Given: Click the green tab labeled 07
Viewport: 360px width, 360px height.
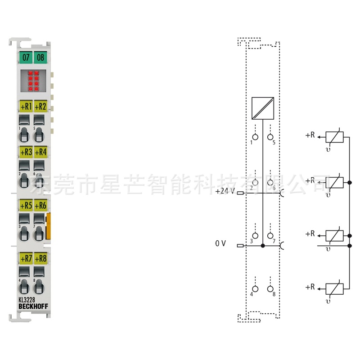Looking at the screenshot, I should pos(26,58).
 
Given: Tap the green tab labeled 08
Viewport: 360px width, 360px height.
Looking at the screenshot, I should pos(40,58).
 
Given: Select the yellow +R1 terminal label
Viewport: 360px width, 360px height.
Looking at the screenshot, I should pos(26,107).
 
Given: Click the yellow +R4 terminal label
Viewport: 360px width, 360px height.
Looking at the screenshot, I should pos(40,152).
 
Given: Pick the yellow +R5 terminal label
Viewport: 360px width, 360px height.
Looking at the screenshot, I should pos(26,205).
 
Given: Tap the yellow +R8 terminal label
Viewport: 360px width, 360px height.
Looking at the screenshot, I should pos(40,259).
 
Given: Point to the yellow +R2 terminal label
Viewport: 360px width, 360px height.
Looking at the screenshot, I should pos(40,107).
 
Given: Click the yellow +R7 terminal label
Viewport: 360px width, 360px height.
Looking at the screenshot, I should pos(26,259).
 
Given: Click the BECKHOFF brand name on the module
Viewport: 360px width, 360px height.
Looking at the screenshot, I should pos(33,307).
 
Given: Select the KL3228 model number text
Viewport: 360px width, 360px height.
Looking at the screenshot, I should pos(27,301).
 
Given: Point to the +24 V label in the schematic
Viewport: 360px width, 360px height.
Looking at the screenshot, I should pos(225,191).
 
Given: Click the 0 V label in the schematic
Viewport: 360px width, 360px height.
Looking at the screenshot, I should pos(220,243).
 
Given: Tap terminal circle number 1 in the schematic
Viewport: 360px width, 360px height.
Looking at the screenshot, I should pos(255,136).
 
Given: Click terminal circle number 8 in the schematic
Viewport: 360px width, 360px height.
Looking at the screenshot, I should pos(270,288).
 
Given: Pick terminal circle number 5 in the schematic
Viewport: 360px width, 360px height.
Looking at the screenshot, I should pos(270,136).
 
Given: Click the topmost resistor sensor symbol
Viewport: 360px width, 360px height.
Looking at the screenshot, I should pos(334,137).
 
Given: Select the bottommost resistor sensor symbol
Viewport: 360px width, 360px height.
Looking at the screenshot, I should pos(334,288).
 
